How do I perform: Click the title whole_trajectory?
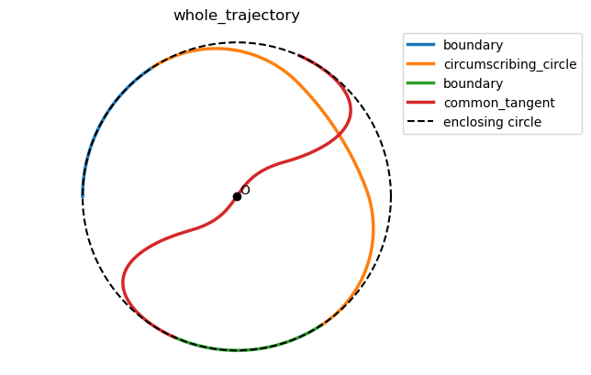click(x=237, y=16)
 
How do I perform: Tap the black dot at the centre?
click(x=237, y=196)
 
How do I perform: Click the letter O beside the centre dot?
click(x=245, y=190)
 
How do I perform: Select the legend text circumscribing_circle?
click(x=509, y=64)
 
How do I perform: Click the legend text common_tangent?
click(x=498, y=103)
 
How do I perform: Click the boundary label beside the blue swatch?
click(x=473, y=45)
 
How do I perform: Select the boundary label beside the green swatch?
click(x=473, y=83)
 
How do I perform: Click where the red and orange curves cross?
click(x=339, y=135)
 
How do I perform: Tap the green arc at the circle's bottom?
click(x=237, y=349)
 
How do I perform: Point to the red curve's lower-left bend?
click(x=124, y=280)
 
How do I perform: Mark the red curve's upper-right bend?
click(x=350, y=110)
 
